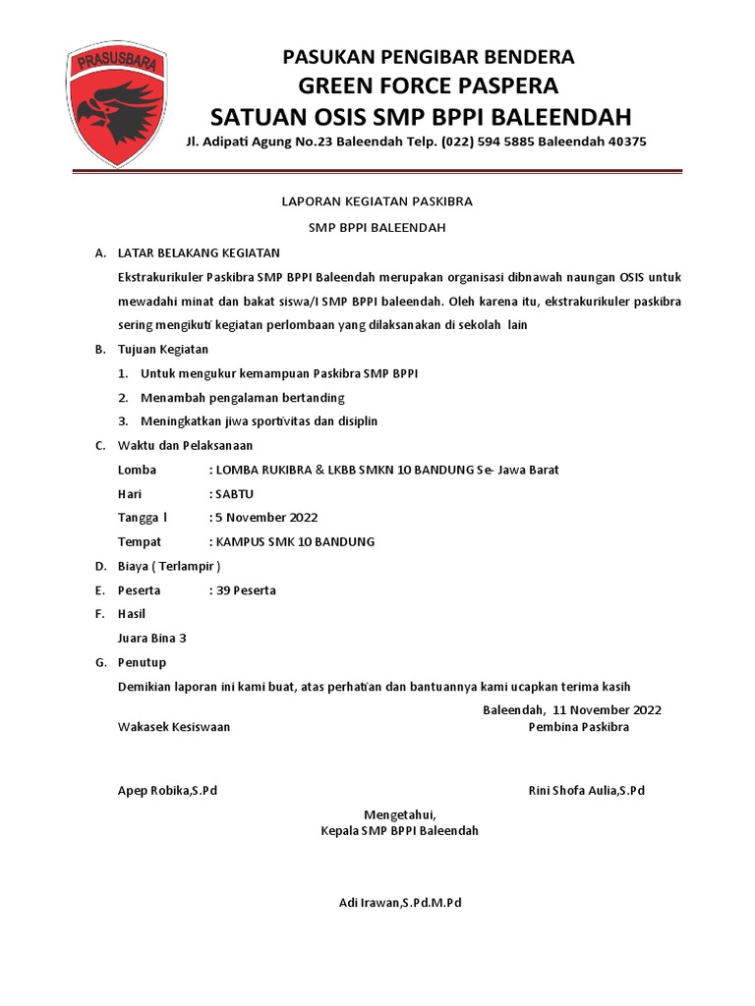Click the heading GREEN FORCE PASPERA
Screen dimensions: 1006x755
tap(428, 84)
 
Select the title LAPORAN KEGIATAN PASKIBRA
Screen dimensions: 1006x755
tap(377, 201)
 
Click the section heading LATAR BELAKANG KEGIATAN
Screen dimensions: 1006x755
tap(199, 253)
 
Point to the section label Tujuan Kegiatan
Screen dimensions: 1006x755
tap(163, 349)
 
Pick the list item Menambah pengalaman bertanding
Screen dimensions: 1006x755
tap(243, 398)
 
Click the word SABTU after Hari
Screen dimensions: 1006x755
tap(234, 494)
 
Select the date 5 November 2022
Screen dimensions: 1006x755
tap(266, 518)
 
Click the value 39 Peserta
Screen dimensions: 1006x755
tap(246, 590)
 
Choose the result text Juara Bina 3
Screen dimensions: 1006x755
tap(152, 639)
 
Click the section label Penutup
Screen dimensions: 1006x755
tap(143, 662)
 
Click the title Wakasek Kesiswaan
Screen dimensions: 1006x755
tap(174, 727)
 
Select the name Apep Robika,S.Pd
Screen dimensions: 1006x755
tap(167, 791)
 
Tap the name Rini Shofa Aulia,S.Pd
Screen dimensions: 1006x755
tap(587, 791)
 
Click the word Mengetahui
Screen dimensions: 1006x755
tap(399, 814)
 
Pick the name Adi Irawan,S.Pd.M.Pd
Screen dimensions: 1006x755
tap(399, 903)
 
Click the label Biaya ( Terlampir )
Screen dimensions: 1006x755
tap(169, 567)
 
